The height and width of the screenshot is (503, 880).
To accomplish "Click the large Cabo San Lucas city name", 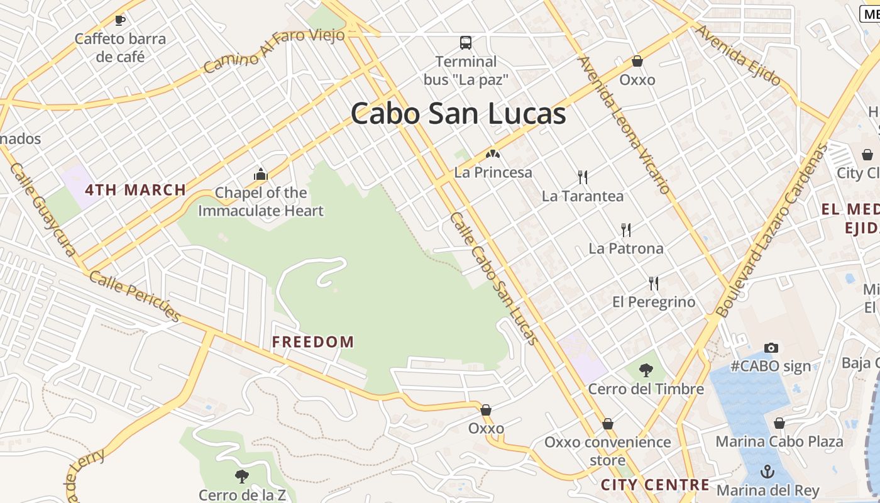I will (x=458, y=114).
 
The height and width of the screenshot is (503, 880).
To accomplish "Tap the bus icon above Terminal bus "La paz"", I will (x=465, y=43).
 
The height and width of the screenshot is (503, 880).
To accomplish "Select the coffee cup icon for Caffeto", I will (x=120, y=20).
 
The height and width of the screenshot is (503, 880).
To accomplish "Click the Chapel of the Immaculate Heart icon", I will (x=260, y=174).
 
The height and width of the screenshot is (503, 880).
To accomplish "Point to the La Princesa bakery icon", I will (x=493, y=153).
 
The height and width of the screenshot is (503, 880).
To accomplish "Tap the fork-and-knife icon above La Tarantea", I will (x=583, y=177).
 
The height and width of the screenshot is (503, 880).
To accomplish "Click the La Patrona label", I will (x=625, y=248).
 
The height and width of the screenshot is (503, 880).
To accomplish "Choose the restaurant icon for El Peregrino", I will (x=654, y=284).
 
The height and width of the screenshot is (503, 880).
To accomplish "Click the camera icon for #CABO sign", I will (x=771, y=348).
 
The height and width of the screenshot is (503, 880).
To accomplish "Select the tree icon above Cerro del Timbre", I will (x=646, y=370).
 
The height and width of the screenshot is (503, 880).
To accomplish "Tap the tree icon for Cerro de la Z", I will (x=241, y=477).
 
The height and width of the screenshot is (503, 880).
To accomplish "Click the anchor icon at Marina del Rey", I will (x=767, y=472).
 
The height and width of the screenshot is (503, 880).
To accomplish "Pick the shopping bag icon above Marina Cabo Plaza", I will (x=779, y=423).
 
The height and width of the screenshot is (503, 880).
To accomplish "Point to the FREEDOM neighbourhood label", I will (x=313, y=342).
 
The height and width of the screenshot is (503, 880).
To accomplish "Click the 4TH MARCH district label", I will (x=136, y=190).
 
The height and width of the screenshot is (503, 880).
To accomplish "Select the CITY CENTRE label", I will (x=655, y=485).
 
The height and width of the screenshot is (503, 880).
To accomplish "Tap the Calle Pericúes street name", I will (x=135, y=295).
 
